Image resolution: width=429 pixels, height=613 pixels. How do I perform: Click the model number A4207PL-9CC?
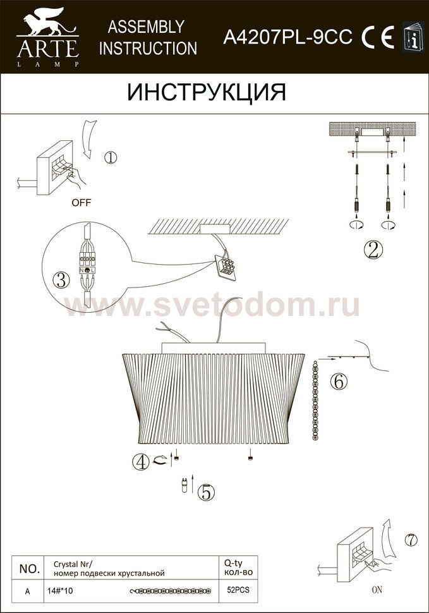pyautogui.click(x=287, y=37)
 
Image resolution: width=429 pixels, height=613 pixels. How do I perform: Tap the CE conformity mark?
pyautogui.click(x=377, y=37)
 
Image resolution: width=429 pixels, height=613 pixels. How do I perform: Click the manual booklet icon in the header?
pyautogui.click(x=413, y=36)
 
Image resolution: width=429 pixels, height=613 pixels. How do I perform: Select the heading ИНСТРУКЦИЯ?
pyautogui.click(x=207, y=93)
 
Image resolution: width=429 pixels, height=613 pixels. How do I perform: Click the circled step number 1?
pyautogui.click(x=111, y=157)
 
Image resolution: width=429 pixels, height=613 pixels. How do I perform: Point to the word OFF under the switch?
pyautogui.click(x=82, y=202)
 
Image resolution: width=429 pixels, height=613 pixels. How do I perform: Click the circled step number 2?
pyautogui.click(x=373, y=250)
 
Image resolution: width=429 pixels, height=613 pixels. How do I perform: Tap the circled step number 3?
pyautogui.click(x=61, y=281)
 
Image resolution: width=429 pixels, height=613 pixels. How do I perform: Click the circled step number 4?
pyautogui.click(x=141, y=462)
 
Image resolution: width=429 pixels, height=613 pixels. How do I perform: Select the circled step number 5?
pyautogui.click(x=207, y=492)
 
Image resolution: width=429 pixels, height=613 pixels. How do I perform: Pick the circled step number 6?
pyautogui.click(x=339, y=381)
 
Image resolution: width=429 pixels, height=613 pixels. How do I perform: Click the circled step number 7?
pyautogui.click(x=411, y=540)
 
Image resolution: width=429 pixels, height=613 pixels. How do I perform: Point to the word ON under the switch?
pyautogui.click(x=377, y=589)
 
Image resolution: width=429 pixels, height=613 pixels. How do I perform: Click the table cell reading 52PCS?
pyautogui.click(x=238, y=590)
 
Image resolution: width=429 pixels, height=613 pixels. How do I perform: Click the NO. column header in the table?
pyautogui.click(x=29, y=569)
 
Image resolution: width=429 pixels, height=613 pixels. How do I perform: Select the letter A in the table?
pyautogui.click(x=27, y=592)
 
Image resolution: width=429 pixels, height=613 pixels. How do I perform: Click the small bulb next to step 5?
pyautogui.click(x=184, y=485)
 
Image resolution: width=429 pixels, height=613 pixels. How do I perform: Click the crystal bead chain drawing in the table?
pyautogui.click(x=171, y=591)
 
